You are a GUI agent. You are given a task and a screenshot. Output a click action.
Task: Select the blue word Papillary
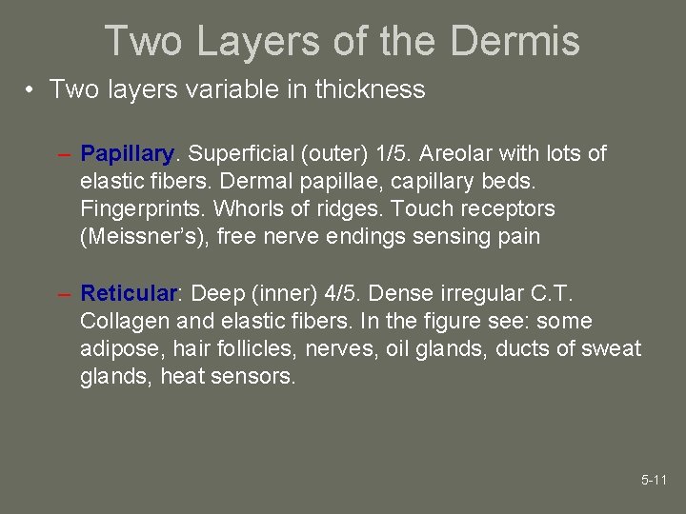[x=127, y=154]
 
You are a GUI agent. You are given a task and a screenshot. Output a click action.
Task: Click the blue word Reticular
[x=129, y=293]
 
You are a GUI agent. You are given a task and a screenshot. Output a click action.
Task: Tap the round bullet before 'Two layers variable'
[x=31, y=90]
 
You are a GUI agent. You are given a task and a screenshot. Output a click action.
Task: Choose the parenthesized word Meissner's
[x=145, y=236]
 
